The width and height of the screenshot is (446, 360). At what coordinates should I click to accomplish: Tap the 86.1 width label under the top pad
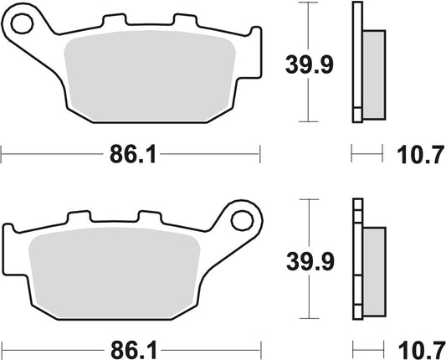click(x=131, y=154)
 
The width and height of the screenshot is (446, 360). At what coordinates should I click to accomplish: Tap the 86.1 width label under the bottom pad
click(x=131, y=345)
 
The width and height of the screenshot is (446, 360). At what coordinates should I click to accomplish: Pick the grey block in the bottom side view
click(x=373, y=264)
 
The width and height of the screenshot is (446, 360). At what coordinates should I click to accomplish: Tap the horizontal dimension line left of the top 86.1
click(x=50, y=154)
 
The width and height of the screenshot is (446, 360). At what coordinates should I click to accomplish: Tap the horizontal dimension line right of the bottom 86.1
click(x=209, y=345)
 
